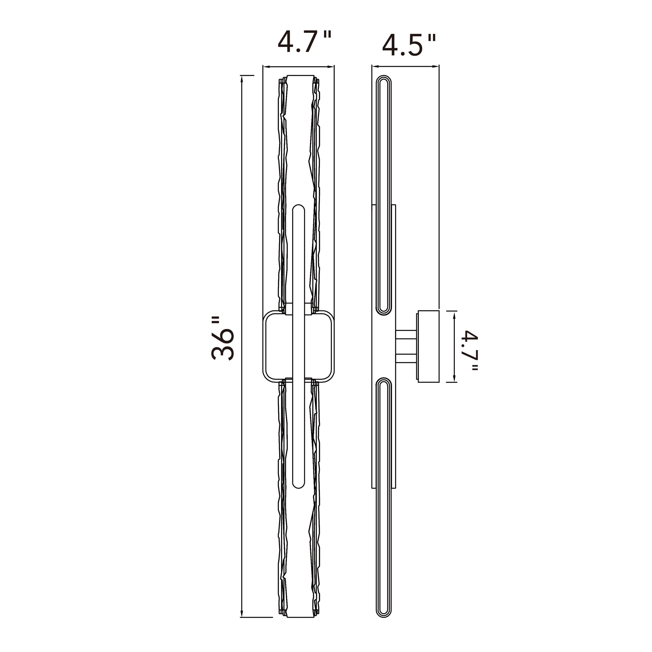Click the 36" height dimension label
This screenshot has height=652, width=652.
point(223,338)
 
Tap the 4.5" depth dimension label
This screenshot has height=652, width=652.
point(409,45)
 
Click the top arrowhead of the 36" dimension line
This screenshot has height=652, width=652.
point(242,80)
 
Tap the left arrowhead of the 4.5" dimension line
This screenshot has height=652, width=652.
point(376,67)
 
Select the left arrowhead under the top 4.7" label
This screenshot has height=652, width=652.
point(267,67)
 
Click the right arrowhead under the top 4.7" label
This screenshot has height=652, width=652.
point(330,67)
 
